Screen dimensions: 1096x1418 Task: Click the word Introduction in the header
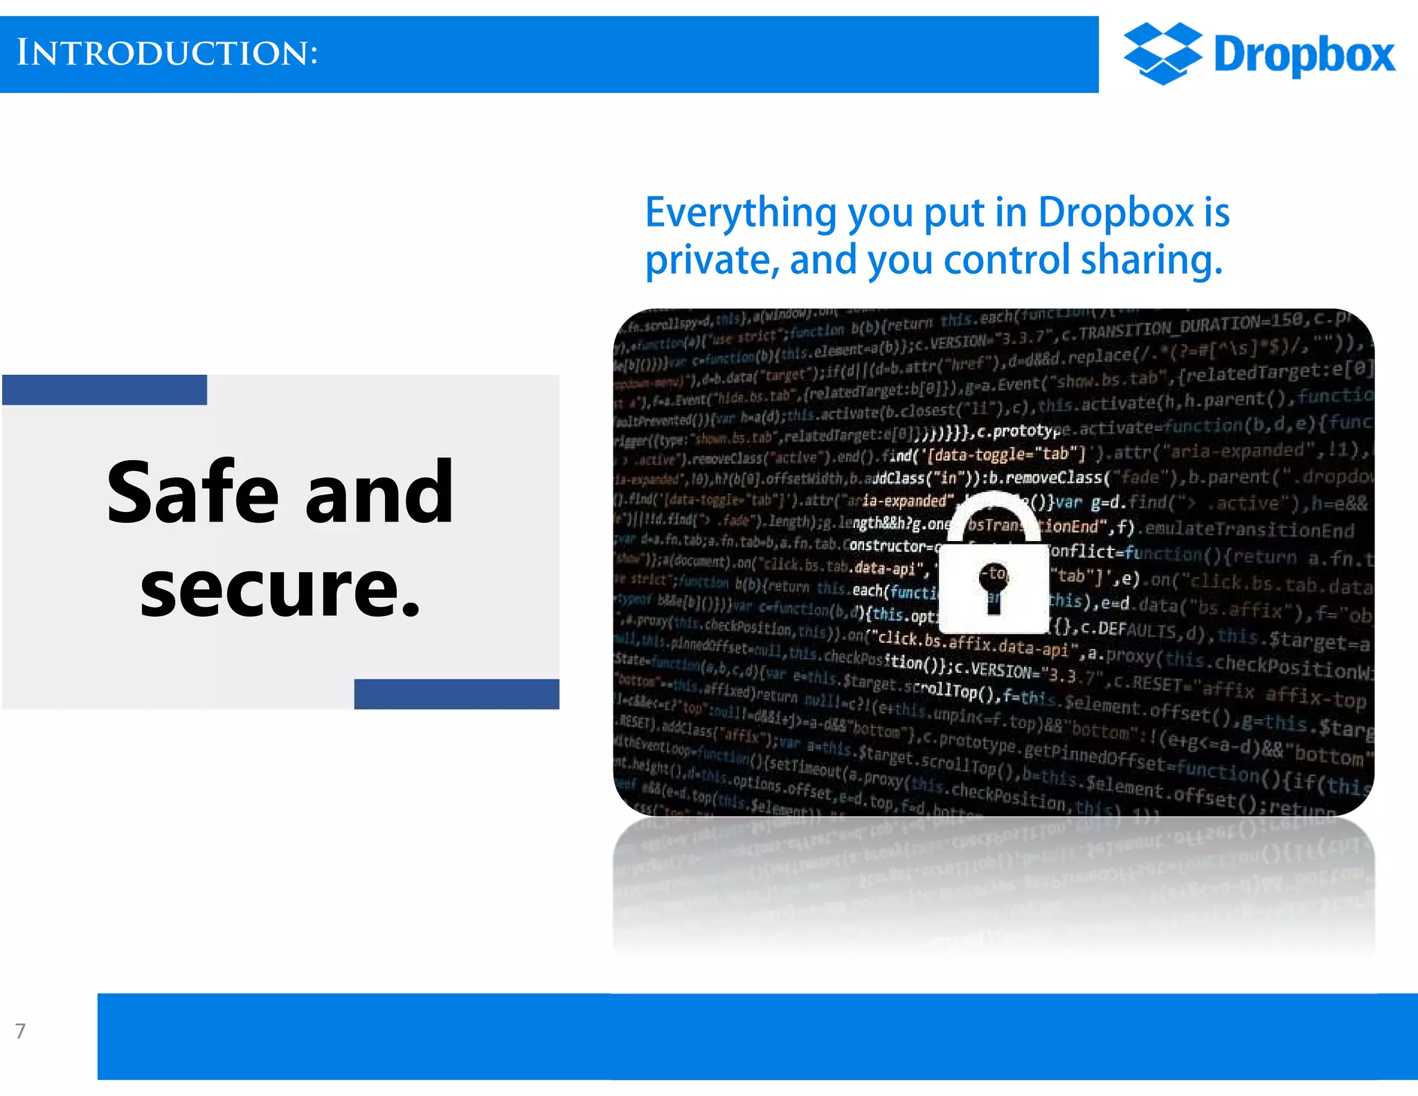[167, 53]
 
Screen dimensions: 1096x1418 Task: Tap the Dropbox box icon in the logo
[1163, 53]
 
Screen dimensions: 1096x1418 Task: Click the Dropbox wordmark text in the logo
[1304, 55]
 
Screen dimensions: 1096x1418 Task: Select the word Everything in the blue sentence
[741, 213]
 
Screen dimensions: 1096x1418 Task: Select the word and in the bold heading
[379, 493]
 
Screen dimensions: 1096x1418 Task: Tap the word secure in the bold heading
[280, 589]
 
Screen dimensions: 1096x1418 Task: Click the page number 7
[21, 1031]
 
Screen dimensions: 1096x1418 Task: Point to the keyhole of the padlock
[994, 581]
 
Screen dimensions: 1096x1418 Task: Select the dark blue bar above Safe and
[105, 390]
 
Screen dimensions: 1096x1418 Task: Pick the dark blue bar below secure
[456, 693]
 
